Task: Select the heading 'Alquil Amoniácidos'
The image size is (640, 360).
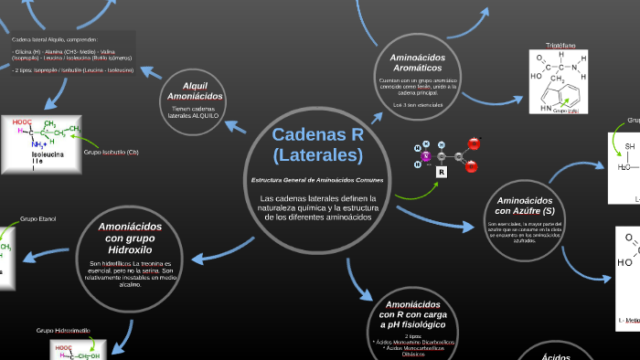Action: [195, 91]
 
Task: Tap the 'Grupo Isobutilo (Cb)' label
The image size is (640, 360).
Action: [112, 152]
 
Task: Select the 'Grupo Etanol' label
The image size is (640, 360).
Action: [38, 219]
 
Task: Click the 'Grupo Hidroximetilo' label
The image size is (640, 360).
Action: [63, 330]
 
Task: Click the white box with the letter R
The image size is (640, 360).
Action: [442, 172]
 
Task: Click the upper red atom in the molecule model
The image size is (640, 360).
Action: [474, 143]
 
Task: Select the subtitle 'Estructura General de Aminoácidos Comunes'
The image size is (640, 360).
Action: [317, 180]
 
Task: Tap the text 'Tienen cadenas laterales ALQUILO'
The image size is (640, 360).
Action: [195, 112]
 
